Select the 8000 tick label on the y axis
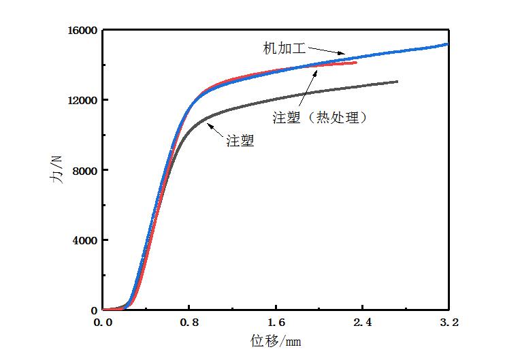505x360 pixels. (84, 170)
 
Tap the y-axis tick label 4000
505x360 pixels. (84, 240)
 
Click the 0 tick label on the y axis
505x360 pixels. (95, 310)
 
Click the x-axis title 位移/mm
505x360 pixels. (275, 340)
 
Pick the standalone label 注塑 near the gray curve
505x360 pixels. (239, 142)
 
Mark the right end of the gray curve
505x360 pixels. (397, 82)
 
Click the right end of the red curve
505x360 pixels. (356, 63)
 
